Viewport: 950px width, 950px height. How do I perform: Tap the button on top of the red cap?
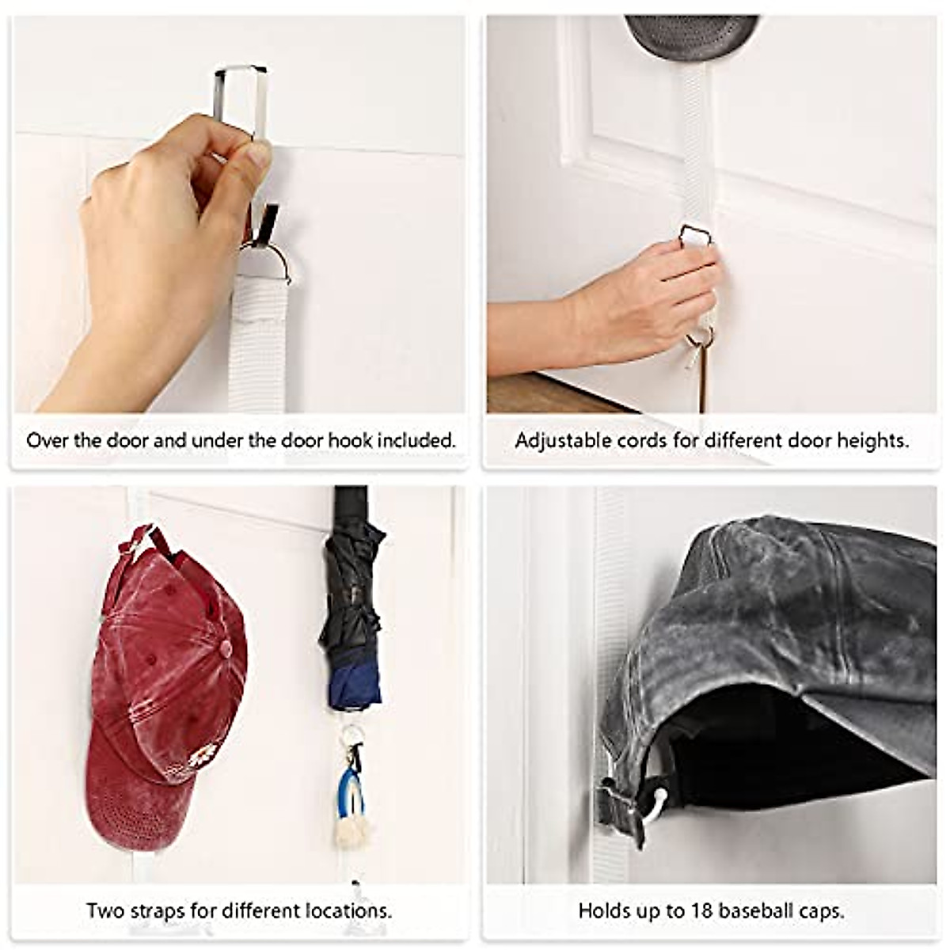click(226, 649)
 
